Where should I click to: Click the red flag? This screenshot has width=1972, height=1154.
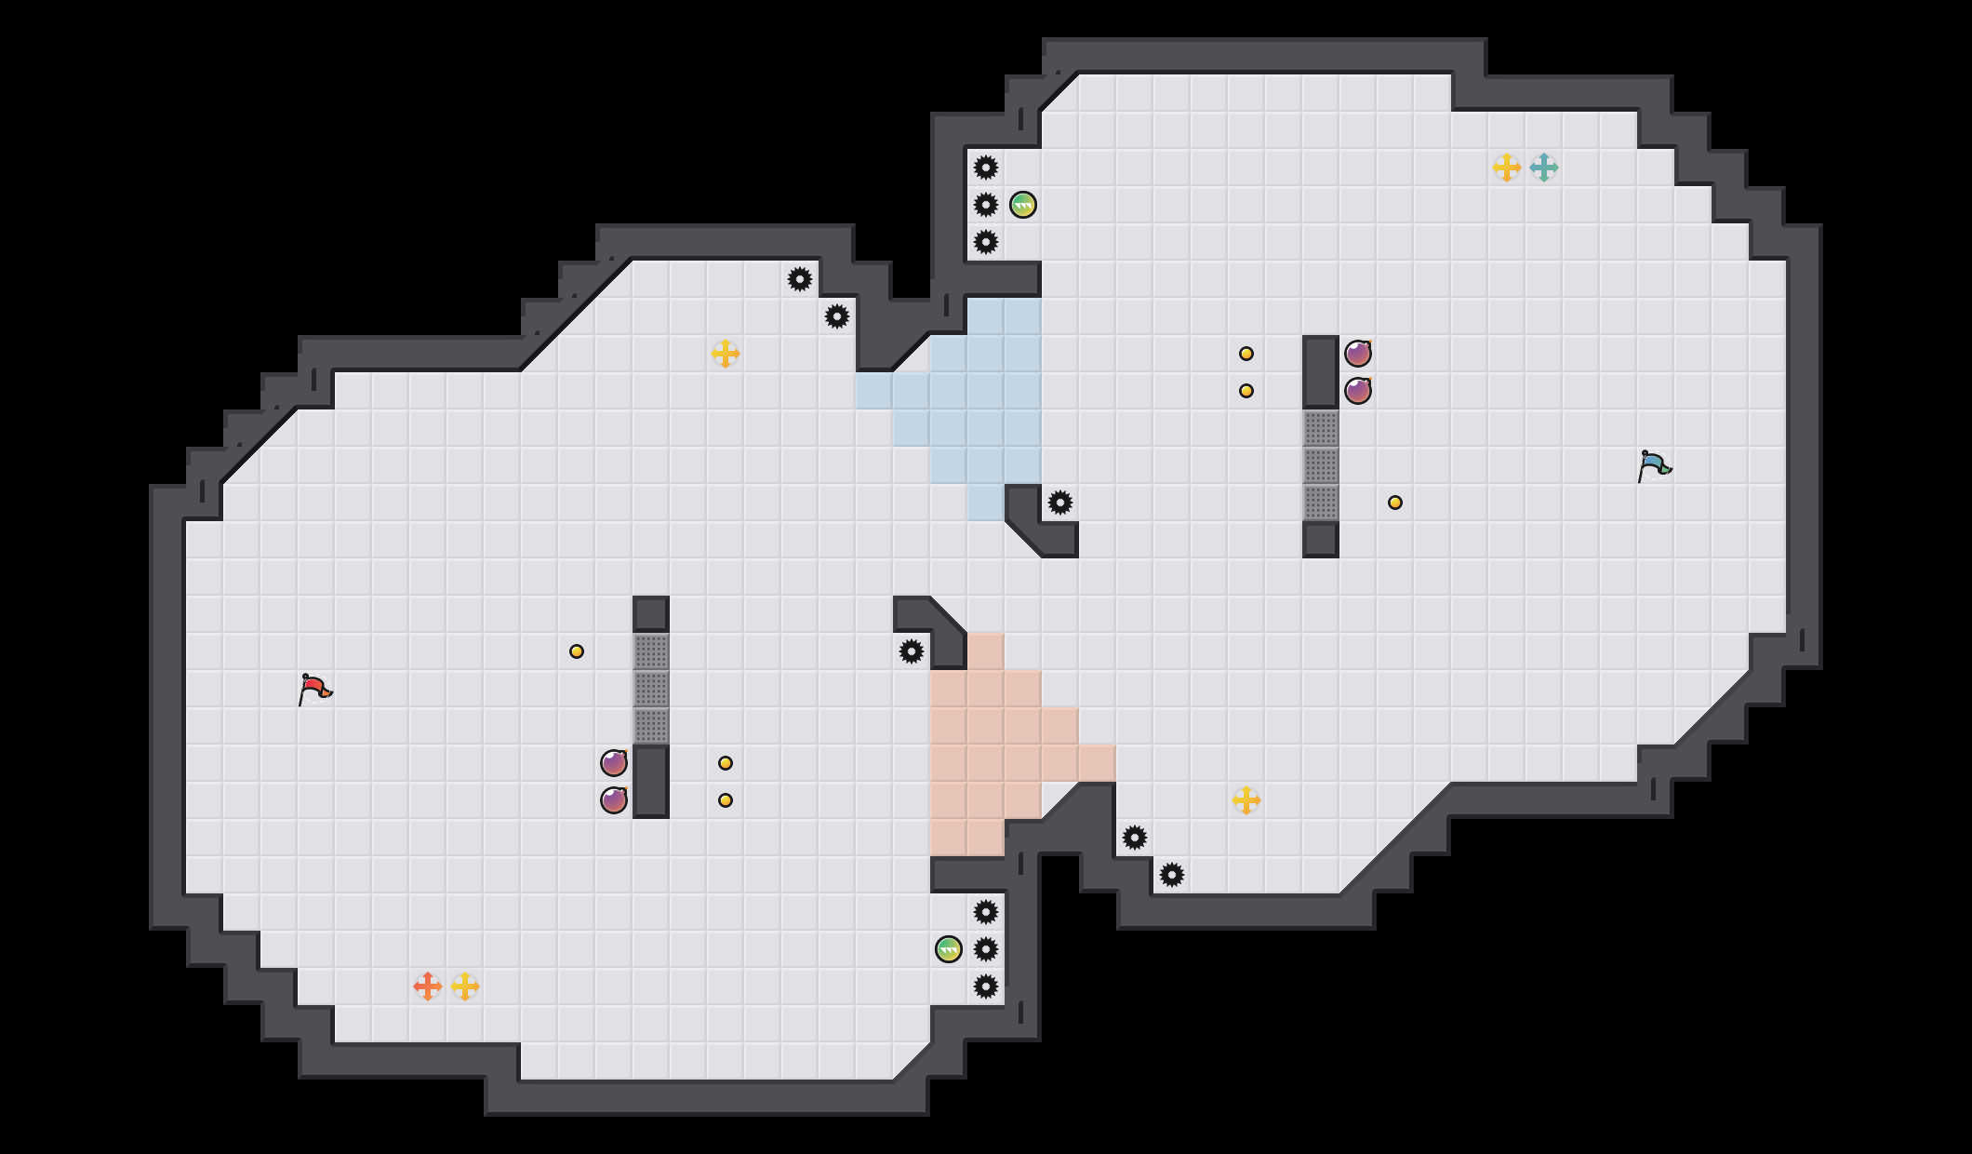coord(314,689)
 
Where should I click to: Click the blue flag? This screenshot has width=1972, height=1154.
coord(1654,465)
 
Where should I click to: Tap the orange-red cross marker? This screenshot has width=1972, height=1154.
coord(428,986)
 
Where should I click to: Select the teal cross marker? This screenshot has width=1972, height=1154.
coord(1544,168)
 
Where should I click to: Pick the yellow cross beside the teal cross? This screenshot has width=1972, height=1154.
coord(1507,168)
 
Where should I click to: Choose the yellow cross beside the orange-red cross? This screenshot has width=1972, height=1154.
coord(465,986)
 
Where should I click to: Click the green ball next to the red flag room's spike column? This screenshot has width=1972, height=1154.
coord(949,949)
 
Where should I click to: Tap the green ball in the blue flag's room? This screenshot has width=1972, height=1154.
coord(1023,205)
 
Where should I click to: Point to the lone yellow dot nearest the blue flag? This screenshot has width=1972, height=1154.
coord(1395,503)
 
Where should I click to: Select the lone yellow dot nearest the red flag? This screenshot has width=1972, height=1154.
coord(577,651)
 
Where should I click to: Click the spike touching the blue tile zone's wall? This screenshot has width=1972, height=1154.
coord(1060,503)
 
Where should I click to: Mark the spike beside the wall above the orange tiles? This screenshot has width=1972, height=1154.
coord(912,651)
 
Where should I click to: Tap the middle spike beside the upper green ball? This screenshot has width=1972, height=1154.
coord(986,205)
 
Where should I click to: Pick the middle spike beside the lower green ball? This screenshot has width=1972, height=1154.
coord(986,949)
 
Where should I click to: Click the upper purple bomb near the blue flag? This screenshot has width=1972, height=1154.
coord(1358,354)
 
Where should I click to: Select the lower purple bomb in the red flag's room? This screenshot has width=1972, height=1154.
coord(614,800)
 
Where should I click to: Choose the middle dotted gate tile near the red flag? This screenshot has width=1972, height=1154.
coord(651,689)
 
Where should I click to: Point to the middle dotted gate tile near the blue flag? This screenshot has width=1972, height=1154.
coord(1321,465)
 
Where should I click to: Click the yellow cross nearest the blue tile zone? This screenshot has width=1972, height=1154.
coord(726,354)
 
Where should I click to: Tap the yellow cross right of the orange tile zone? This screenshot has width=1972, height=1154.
coord(1246,800)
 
